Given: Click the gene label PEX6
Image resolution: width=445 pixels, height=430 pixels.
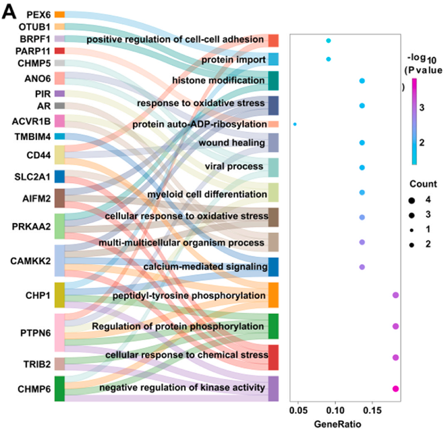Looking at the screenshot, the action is pos(39,15).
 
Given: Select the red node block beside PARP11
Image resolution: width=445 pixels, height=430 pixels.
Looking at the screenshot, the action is pos(59,51).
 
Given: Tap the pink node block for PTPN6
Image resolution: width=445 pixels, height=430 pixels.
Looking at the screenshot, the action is pos(59,333).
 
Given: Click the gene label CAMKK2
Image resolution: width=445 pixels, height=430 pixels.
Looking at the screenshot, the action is pos(30,261).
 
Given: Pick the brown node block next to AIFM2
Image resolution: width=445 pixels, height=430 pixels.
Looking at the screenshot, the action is pos(59,198).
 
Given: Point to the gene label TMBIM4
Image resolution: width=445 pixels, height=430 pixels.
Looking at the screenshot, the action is pos(32,137).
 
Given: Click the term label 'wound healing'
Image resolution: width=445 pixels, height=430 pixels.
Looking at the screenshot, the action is pos(232,143).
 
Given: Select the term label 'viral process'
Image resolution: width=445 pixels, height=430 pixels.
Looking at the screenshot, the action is pos(234,166).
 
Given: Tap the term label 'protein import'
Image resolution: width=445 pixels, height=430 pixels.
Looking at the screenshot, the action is pos(234,60).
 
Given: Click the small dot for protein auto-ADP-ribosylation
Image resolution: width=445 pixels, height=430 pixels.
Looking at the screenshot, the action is pos(295,124).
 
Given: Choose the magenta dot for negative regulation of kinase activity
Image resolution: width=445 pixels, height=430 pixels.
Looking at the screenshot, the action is pos(396,388).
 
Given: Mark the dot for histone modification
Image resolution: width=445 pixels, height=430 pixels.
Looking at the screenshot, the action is pos(362,81).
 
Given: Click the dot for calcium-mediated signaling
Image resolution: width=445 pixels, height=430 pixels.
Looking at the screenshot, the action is pos(362,267).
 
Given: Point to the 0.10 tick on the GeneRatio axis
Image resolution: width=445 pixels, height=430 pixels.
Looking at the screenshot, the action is pos(335,410).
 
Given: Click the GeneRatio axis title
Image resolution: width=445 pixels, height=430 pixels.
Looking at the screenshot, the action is pos(337,424).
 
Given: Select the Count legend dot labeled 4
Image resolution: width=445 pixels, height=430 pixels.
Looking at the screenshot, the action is pos(411,201).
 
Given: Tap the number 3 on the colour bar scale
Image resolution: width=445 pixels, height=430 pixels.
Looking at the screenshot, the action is pos(422,107).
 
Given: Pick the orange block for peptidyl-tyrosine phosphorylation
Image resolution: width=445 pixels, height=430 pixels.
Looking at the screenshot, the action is pos(273,295).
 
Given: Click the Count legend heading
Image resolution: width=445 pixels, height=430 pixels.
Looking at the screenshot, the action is pos(423,184).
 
